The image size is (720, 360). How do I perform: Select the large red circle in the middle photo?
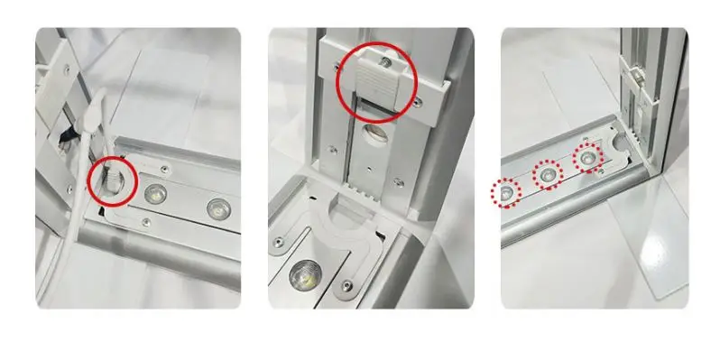376,85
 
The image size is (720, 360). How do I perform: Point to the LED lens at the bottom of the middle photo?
303,272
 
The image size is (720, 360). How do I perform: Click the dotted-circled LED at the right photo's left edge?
507,191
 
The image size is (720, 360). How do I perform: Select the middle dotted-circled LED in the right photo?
547,174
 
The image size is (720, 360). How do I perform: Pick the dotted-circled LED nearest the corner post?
588,156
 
